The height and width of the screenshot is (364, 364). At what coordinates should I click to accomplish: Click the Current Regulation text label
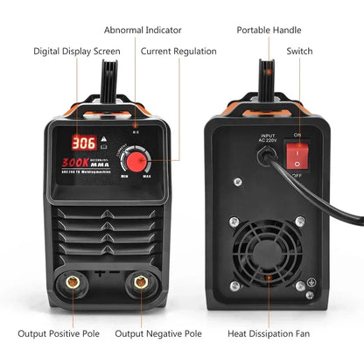pos(180,52)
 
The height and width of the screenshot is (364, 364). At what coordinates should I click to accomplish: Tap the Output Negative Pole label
pos(158,333)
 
